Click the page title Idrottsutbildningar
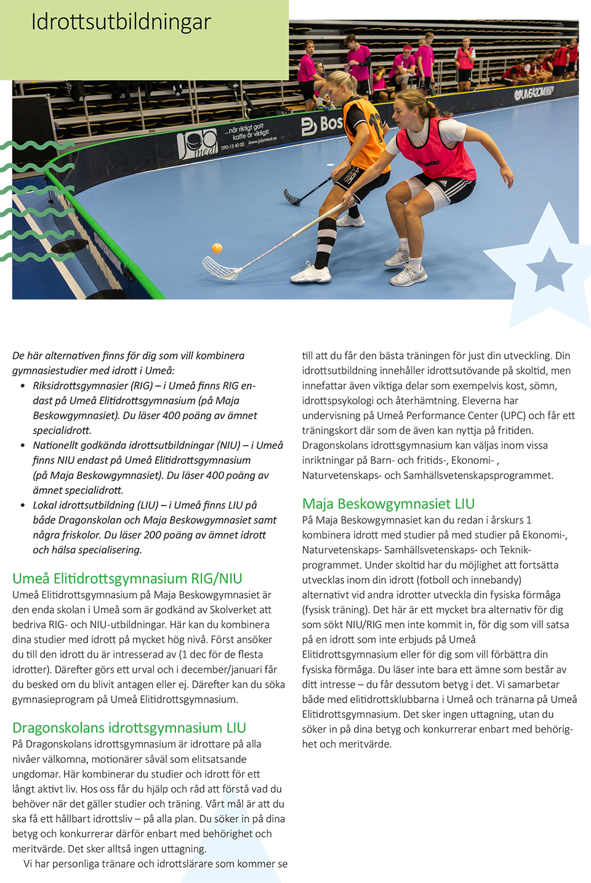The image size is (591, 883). (121, 22)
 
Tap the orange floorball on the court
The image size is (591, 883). (217, 248)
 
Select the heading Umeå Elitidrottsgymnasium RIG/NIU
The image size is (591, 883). (127, 578)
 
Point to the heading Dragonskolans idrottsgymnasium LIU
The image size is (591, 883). (129, 728)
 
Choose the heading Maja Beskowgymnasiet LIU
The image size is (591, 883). (388, 504)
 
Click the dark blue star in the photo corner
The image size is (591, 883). (549, 269)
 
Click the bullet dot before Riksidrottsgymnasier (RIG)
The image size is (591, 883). (23, 386)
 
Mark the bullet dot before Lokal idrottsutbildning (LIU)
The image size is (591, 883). (23, 506)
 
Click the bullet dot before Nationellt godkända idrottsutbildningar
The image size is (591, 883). (23, 446)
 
